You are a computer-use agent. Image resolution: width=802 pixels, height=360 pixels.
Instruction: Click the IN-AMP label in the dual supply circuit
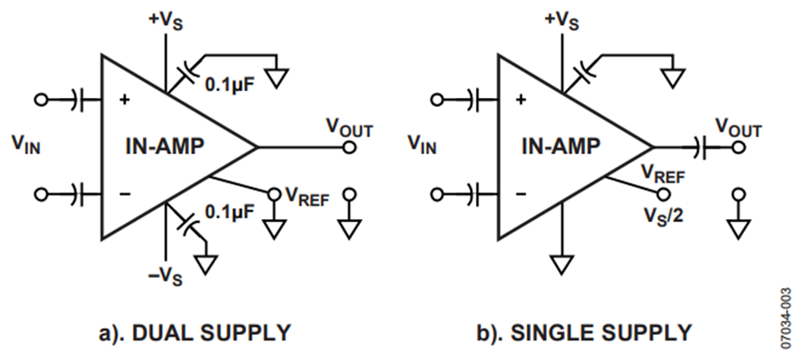165,147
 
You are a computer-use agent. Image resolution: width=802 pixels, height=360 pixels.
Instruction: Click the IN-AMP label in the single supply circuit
561,147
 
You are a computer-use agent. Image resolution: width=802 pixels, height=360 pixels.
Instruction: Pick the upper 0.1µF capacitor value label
229,84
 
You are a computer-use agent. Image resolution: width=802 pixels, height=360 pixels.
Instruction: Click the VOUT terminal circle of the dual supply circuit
349,147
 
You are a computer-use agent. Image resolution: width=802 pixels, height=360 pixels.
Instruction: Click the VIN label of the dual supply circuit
26,147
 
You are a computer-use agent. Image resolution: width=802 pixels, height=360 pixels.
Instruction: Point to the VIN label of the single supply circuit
422,147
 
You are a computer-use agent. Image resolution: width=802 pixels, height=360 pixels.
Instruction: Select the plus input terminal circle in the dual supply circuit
40,100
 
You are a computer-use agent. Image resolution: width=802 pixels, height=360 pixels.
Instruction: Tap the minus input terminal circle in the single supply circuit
437,194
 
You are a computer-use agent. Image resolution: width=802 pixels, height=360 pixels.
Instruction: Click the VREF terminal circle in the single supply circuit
663,194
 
